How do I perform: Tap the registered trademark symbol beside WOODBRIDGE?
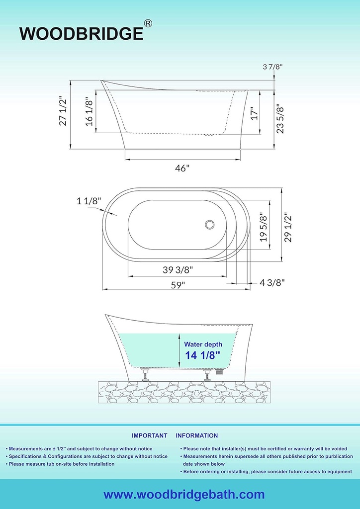149,23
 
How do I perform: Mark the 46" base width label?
182,168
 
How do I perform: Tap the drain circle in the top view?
210,225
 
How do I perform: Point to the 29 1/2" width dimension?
288,227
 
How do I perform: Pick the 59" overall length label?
178,285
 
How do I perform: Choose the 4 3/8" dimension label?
272,282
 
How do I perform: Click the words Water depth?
203,344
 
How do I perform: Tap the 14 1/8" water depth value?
202,355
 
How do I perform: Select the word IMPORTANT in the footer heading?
149,435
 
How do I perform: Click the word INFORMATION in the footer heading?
196,435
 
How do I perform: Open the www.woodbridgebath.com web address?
184,495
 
